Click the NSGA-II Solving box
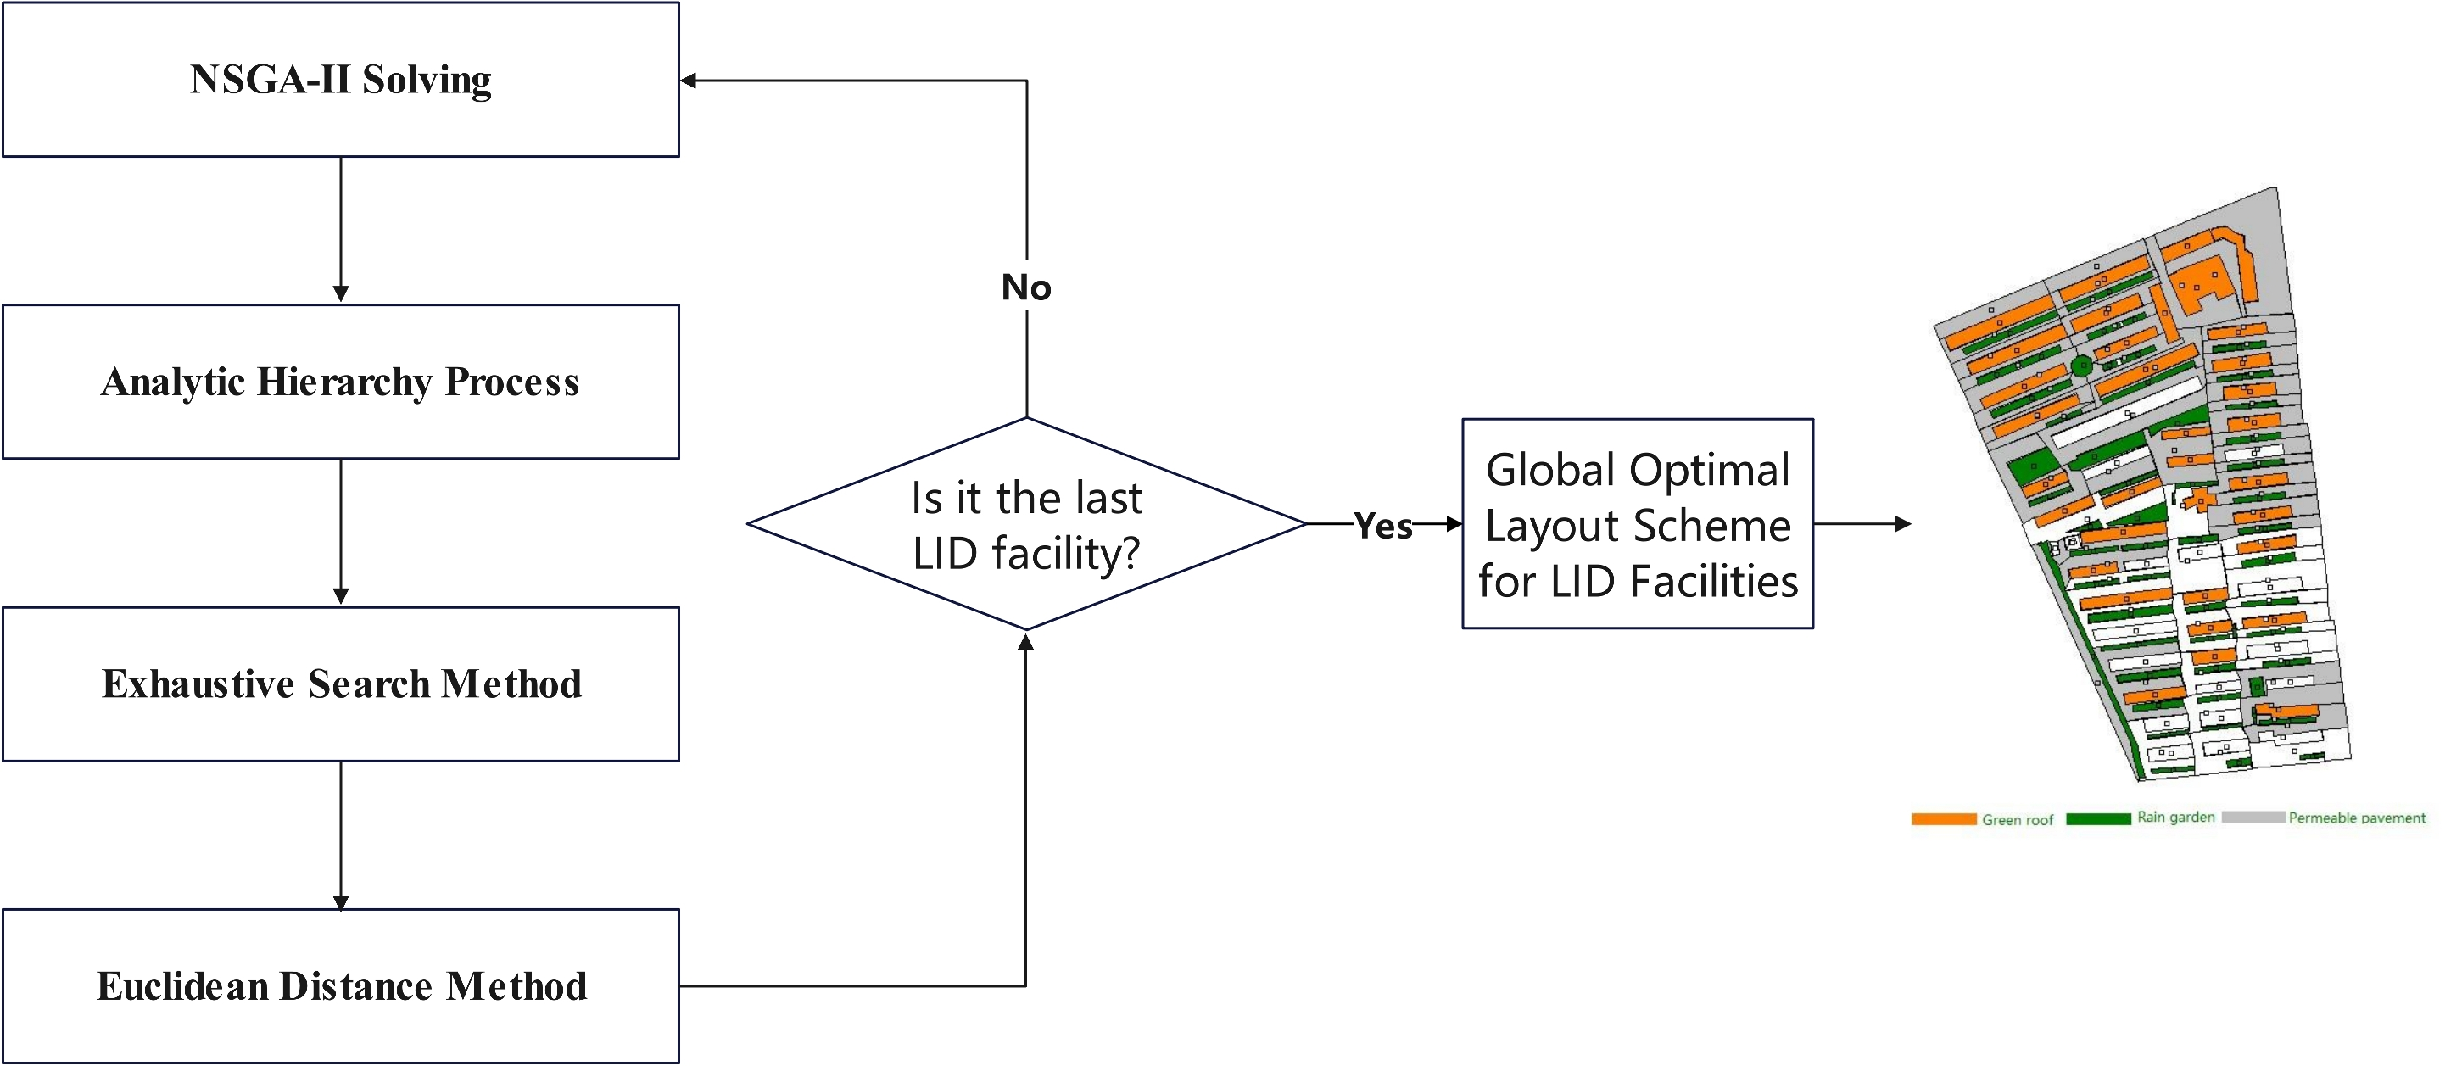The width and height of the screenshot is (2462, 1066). coord(340,80)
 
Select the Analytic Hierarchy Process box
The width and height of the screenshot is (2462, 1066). coord(340,382)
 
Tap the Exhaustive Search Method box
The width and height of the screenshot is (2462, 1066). coord(340,684)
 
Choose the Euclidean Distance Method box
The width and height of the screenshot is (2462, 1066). coord(340,985)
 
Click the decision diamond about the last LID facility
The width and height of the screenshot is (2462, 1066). coord(1026,524)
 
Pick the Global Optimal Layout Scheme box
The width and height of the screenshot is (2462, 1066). coord(1637,524)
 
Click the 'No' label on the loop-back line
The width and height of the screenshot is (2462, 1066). coord(1026,287)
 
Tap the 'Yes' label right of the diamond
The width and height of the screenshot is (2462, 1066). coord(1383,526)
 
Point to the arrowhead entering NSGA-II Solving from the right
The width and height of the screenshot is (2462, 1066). coord(688,81)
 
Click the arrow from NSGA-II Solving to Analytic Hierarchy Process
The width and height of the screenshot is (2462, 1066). coord(340,230)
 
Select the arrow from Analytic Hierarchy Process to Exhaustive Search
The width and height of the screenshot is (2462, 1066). coord(340,532)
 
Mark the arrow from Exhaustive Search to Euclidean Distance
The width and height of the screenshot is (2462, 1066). coord(340,834)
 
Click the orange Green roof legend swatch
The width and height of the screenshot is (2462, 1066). coord(1943,819)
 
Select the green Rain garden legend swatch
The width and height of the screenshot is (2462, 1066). coord(2098,818)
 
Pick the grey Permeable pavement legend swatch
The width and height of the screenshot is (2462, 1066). coord(2253,818)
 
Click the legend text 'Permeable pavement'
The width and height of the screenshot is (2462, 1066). coord(2356,818)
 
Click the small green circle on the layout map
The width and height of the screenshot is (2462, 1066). coord(2081,366)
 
